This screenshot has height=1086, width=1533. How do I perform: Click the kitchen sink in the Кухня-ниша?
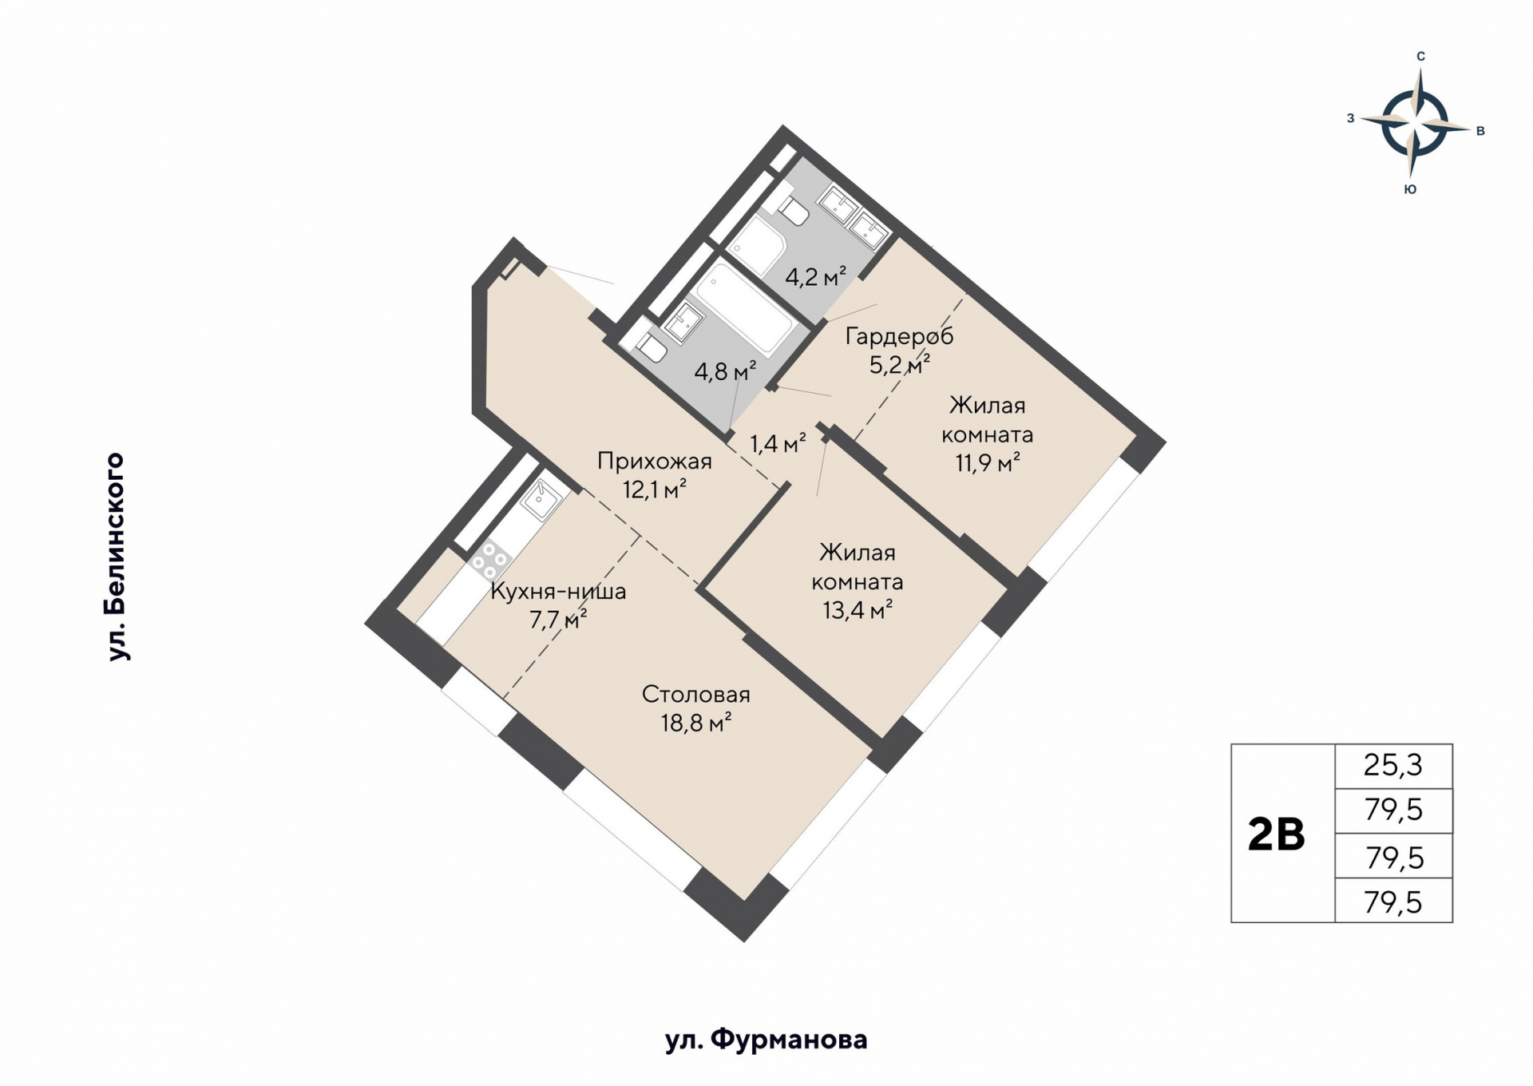pos(542,500)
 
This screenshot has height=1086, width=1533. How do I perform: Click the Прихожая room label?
pos(655,462)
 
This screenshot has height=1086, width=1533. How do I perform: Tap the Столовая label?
pos(696,695)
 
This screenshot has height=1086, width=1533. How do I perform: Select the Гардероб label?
pos(900,337)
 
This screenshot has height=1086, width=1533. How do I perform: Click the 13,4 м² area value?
pos(858,611)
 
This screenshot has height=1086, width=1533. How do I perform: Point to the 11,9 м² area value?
pos(988,462)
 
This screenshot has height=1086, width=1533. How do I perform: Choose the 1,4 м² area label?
pos(778,443)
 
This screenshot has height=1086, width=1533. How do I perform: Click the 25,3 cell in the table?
pos(1393,766)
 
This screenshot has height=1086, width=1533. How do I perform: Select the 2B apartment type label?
pos(1276,834)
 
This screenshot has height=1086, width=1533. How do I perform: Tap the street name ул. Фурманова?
pos(766,1040)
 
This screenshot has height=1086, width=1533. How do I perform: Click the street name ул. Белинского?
pos(117,557)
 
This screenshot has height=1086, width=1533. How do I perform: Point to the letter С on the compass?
pos(1420,57)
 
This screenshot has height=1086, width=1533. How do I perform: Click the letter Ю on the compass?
pos(1411,189)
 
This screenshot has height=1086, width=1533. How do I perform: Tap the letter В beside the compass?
pos(1480,131)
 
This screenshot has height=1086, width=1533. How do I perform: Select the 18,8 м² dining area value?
pos(696,723)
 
